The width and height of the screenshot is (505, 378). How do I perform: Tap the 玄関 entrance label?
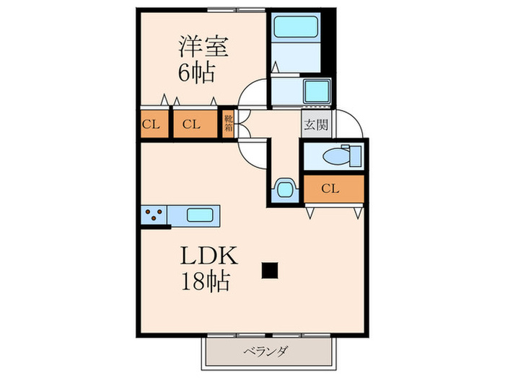(x=315, y=125)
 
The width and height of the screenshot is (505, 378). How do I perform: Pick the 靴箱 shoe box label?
(x=228, y=124)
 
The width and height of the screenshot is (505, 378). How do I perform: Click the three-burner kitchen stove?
(x=154, y=215)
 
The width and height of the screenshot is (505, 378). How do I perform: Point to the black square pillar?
(x=270, y=270)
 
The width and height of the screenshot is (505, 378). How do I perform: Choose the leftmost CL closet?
(x=151, y=124)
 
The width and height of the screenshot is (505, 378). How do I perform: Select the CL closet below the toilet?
(x=331, y=189)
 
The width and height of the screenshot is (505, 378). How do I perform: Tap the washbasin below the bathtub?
(x=315, y=91)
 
